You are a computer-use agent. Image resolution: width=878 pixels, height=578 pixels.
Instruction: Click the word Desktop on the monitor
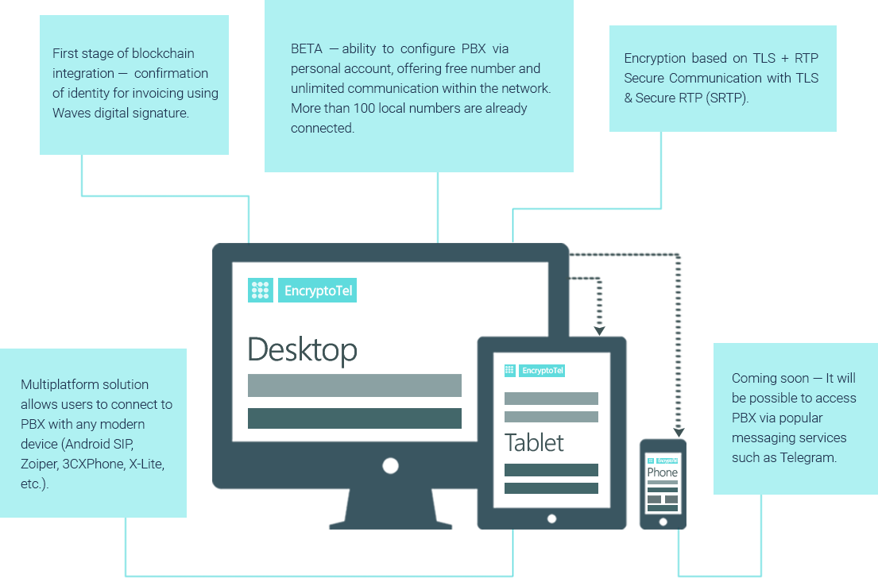click(303, 350)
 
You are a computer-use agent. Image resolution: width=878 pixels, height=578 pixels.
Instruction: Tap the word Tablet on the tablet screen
click(534, 442)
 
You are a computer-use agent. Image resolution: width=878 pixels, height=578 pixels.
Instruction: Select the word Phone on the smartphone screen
click(663, 472)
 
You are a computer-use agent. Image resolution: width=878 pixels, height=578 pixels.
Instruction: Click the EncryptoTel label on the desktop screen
click(318, 291)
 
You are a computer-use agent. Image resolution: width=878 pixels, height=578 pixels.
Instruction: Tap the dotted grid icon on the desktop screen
click(261, 291)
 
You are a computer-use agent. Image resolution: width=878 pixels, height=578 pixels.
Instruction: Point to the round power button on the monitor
click(390, 465)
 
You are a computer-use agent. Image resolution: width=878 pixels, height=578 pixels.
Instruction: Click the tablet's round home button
click(551, 518)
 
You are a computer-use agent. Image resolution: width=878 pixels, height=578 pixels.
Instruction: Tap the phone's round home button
click(663, 522)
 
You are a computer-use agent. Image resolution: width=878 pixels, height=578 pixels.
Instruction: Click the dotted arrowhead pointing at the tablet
click(600, 331)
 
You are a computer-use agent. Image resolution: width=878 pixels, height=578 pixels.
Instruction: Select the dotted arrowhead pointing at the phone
click(679, 433)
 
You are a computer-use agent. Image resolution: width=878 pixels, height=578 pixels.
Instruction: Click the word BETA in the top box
click(306, 48)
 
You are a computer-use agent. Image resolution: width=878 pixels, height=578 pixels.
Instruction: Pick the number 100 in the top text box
click(364, 108)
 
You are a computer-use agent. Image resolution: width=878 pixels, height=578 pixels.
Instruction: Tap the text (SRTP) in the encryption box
click(727, 98)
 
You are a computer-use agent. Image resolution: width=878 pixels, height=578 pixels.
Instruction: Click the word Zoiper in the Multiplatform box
click(39, 464)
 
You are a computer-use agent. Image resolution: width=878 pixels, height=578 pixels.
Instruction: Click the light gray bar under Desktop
click(354, 386)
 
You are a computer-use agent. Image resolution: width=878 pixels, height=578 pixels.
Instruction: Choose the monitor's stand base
click(390, 525)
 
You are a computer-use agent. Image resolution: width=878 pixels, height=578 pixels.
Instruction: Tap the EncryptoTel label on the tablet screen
click(542, 371)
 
